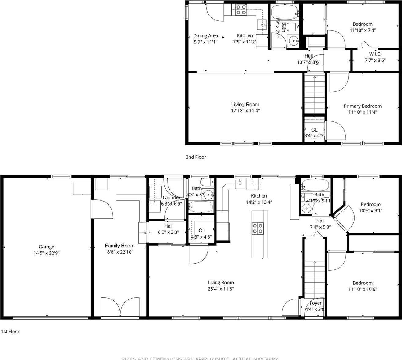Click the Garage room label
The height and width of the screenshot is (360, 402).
pyautogui.click(x=46, y=247)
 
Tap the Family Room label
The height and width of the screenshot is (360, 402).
pyautogui.click(x=120, y=246)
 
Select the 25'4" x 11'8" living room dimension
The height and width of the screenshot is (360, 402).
pyautogui.click(x=221, y=289)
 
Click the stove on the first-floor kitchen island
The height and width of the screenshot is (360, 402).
pyautogui.click(x=257, y=228)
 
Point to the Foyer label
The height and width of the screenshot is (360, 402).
pyautogui.click(x=315, y=303)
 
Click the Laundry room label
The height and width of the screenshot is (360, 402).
pyautogui.click(x=171, y=198)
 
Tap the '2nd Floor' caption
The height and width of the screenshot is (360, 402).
pyautogui.click(x=196, y=157)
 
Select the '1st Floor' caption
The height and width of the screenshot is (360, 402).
pyautogui.click(x=10, y=331)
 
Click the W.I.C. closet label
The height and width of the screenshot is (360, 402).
pyautogui.click(x=375, y=54)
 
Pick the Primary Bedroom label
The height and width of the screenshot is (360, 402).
pyautogui.click(x=363, y=106)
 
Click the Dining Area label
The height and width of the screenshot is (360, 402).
pyautogui.click(x=205, y=36)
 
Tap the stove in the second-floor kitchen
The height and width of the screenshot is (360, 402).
pyautogui.click(x=241, y=10)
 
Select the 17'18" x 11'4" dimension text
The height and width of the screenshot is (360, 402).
pyautogui.click(x=245, y=111)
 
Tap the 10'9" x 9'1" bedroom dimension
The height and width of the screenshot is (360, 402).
pyautogui.click(x=371, y=210)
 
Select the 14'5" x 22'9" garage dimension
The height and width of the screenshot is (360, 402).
pyautogui.click(x=46, y=253)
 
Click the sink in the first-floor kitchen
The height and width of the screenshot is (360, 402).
pyautogui.click(x=241, y=184)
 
